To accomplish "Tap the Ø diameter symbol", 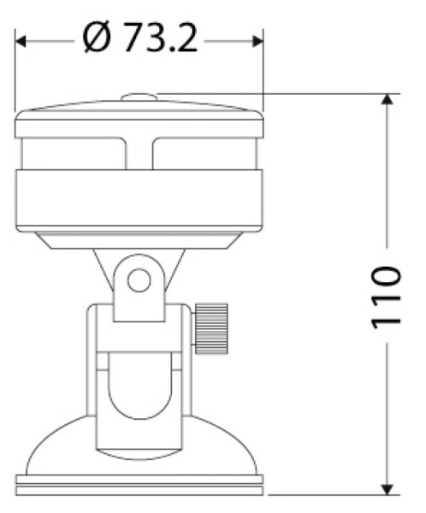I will pos(98,39).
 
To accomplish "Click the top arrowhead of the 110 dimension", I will pos(388,101).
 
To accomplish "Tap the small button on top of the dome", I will pos(139,99).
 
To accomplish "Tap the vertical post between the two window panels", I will pos(139,154).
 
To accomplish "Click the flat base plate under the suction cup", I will pos(139,487).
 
